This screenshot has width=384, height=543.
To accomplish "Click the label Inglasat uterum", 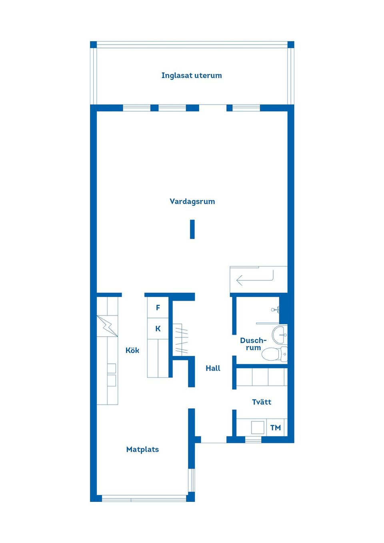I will click(191, 76).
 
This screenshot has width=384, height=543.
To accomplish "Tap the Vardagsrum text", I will click(192, 202).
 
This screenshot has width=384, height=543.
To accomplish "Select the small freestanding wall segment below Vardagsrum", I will click(192, 229).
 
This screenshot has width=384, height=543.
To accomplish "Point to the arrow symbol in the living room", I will click(254, 278).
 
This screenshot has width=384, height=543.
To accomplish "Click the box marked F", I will click(158, 308).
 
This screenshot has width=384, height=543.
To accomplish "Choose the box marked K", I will click(158, 329).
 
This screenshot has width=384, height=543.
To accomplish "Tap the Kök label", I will click(132, 350).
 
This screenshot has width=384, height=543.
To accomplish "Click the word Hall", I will click(213, 368).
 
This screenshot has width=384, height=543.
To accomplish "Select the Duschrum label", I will click(253, 344).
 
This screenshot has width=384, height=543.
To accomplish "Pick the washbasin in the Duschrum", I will click(279, 334).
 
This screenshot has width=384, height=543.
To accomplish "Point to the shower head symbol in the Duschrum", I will click(275, 309).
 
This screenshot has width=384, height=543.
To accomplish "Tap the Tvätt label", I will click(262, 402).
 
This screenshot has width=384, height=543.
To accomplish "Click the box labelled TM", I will click(276, 427).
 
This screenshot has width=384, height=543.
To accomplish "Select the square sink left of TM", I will click(258, 427).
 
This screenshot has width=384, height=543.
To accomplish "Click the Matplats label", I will click(142, 449).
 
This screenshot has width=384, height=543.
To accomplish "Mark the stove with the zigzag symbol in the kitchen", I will click(107, 326).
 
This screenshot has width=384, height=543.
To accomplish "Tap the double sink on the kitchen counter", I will click(112, 375).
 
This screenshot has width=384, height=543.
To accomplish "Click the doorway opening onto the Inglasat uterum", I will click(212, 108).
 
